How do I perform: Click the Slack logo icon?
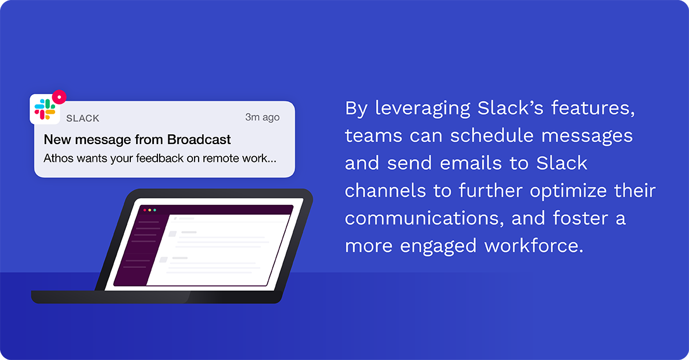coord(45,108)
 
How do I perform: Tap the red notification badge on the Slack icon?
coord(59,97)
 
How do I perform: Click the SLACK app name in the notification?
coord(83,118)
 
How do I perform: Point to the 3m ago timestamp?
coord(262,117)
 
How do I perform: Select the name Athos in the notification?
coord(57,157)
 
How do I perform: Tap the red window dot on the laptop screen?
coord(145,210)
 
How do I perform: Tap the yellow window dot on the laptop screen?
coord(150,210)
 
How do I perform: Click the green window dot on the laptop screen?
coord(154,210)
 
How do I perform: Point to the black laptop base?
coord(155,297)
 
